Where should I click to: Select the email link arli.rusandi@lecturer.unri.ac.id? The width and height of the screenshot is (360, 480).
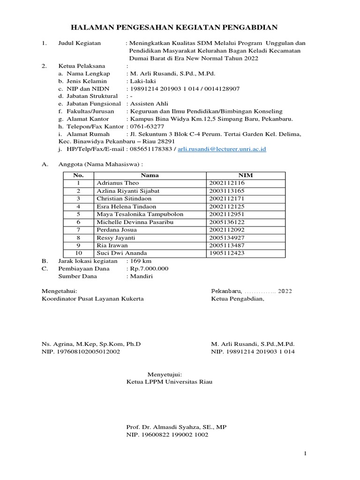tap(223, 149)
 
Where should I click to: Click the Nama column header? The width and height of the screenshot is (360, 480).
tap(150, 175)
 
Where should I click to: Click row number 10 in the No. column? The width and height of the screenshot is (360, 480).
tap(78, 253)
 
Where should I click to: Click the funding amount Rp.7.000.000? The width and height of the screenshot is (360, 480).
tap(149, 269)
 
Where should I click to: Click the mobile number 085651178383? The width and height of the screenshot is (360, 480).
tap(151, 149)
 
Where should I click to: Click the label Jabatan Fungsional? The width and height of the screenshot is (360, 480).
tap(91, 104)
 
